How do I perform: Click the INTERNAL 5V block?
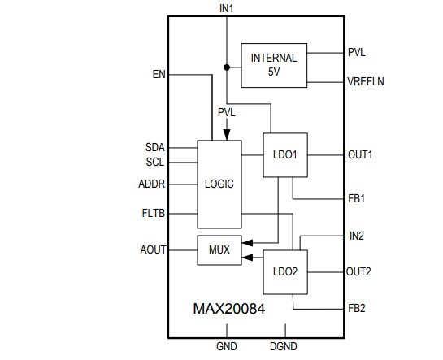[x=274, y=64]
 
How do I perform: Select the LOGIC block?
[x=219, y=184]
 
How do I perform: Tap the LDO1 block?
[x=285, y=155]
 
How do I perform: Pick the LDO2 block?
[x=285, y=271]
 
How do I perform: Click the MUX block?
[x=219, y=250]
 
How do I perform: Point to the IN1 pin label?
[x=226, y=7]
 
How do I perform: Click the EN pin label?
[x=159, y=75]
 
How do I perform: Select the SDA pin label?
[x=154, y=147]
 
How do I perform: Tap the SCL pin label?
[x=154, y=161]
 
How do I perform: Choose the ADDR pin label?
[x=152, y=184]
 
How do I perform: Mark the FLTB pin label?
[x=153, y=215]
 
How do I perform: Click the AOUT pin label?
[x=152, y=249]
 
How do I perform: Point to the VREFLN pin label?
[x=368, y=81]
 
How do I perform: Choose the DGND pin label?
[x=286, y=347]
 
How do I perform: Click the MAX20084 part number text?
[x=228, y=309]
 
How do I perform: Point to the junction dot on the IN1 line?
[x=226, y=67]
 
